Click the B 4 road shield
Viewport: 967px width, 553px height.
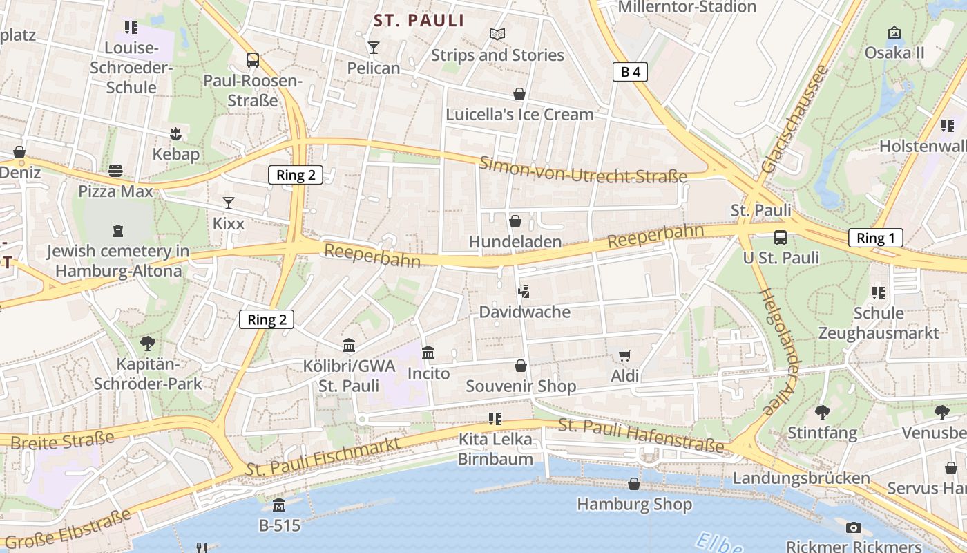click(x=630, y=71)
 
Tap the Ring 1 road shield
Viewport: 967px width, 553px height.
click(x=875, y=238)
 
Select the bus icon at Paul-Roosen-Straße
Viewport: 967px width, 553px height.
click(x=253, y=60)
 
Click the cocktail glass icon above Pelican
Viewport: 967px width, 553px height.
click(x=374, y=47)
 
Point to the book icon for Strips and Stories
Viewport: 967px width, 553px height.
click(x=497, y=34)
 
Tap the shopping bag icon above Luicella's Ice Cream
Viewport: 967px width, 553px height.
click(x=519, y=94)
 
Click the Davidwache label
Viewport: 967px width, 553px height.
click(x=525, y=312)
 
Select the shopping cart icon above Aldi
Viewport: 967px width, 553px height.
click(x=624, y=356)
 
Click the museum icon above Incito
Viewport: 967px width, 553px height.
click(x=428, y=353)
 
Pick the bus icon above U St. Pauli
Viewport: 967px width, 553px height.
click(x=780, y=238)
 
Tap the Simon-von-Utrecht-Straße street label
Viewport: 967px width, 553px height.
click(x=584, y=170)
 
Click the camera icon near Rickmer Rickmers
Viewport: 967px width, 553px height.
click(x=854, y=527)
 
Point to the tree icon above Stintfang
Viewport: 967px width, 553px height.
click(x=822, y=413)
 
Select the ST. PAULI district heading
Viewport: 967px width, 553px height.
click(x=419, y=21)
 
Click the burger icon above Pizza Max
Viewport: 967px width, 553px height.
click(x=115, y=171)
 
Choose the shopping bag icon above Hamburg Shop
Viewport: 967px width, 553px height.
click(x=634, y=484)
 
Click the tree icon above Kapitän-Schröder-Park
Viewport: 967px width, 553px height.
click(x=148, y=344)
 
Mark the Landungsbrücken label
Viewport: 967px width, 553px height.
click(x=801, y=478)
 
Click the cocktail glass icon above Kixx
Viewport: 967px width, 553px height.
click(x=229, y=203)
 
